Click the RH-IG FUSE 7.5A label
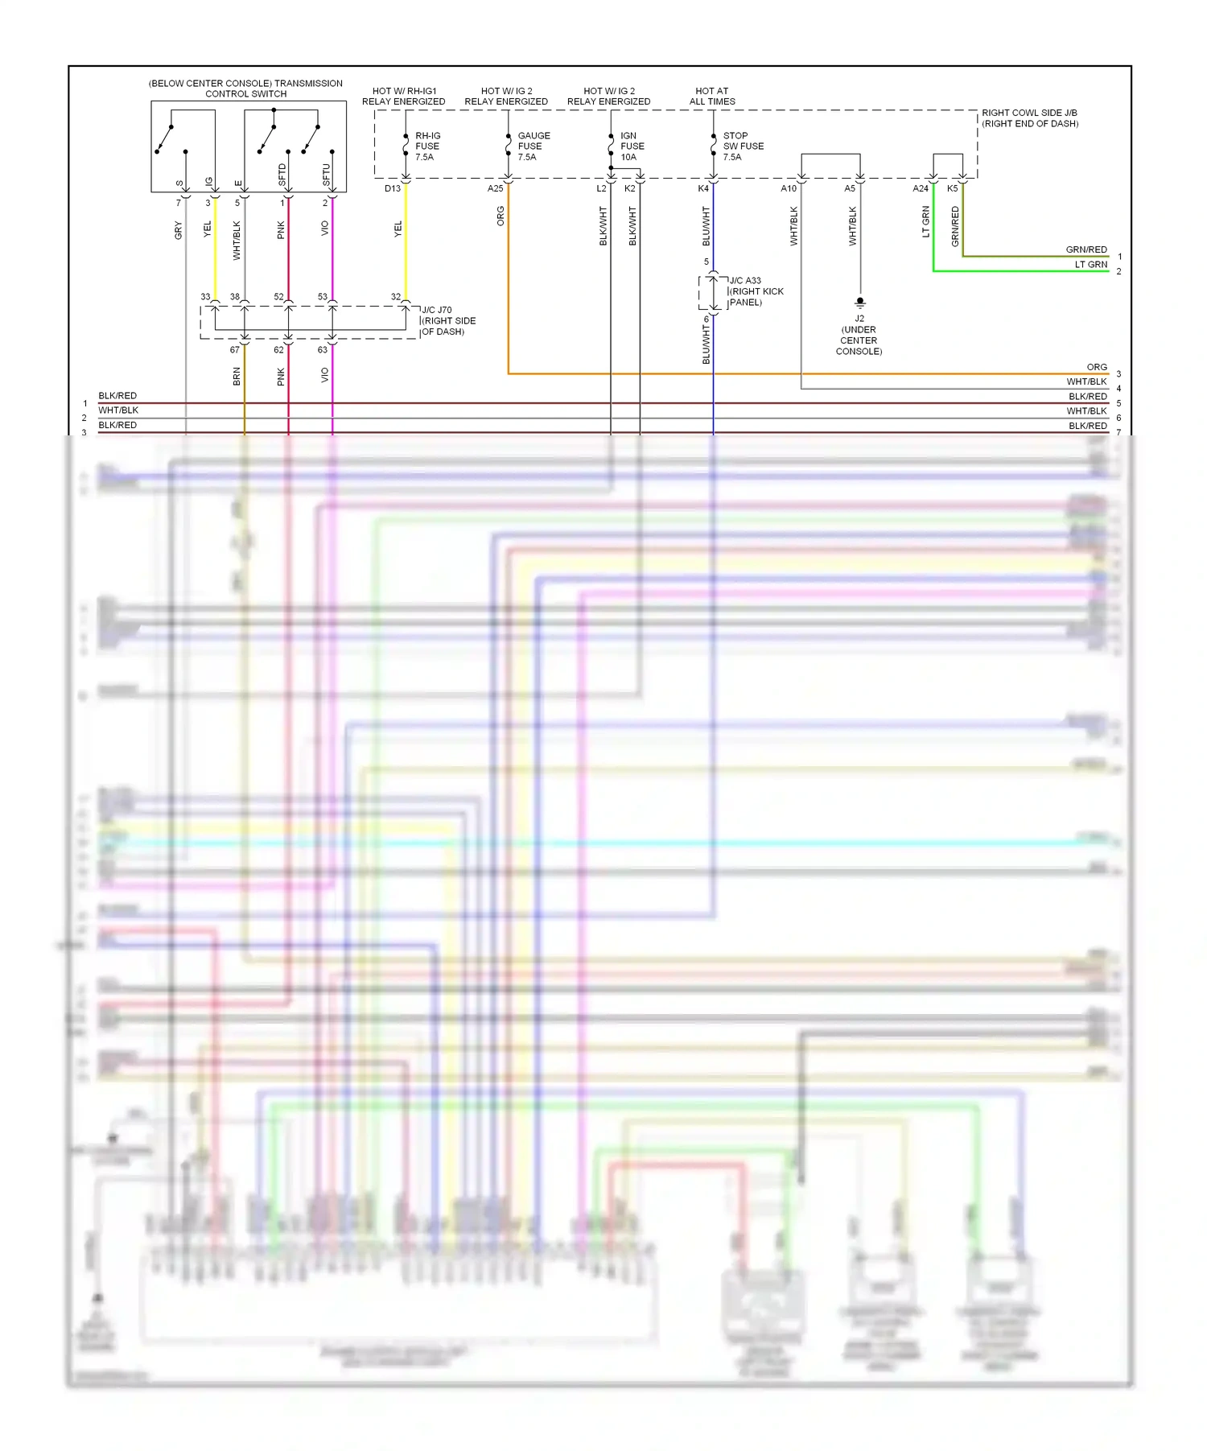point(427,146)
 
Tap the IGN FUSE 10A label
point(632,146)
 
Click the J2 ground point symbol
point(859,302)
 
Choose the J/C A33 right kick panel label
point(756,291)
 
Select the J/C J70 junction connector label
point(448,320)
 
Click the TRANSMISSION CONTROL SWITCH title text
point(245,89)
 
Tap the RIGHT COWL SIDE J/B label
point(1029,118)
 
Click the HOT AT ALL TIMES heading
point(712,97)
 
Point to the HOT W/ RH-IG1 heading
point(403,97)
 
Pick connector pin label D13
point(393,188)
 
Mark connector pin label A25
point(495,188)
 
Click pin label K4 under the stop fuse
point(702,188)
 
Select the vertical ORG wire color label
point(501,216)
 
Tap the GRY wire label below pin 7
point(179,231)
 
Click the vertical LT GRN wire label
point(925,222)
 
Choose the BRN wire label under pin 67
point(237,376)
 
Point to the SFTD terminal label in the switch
point(282,174)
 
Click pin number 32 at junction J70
point(396,297)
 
